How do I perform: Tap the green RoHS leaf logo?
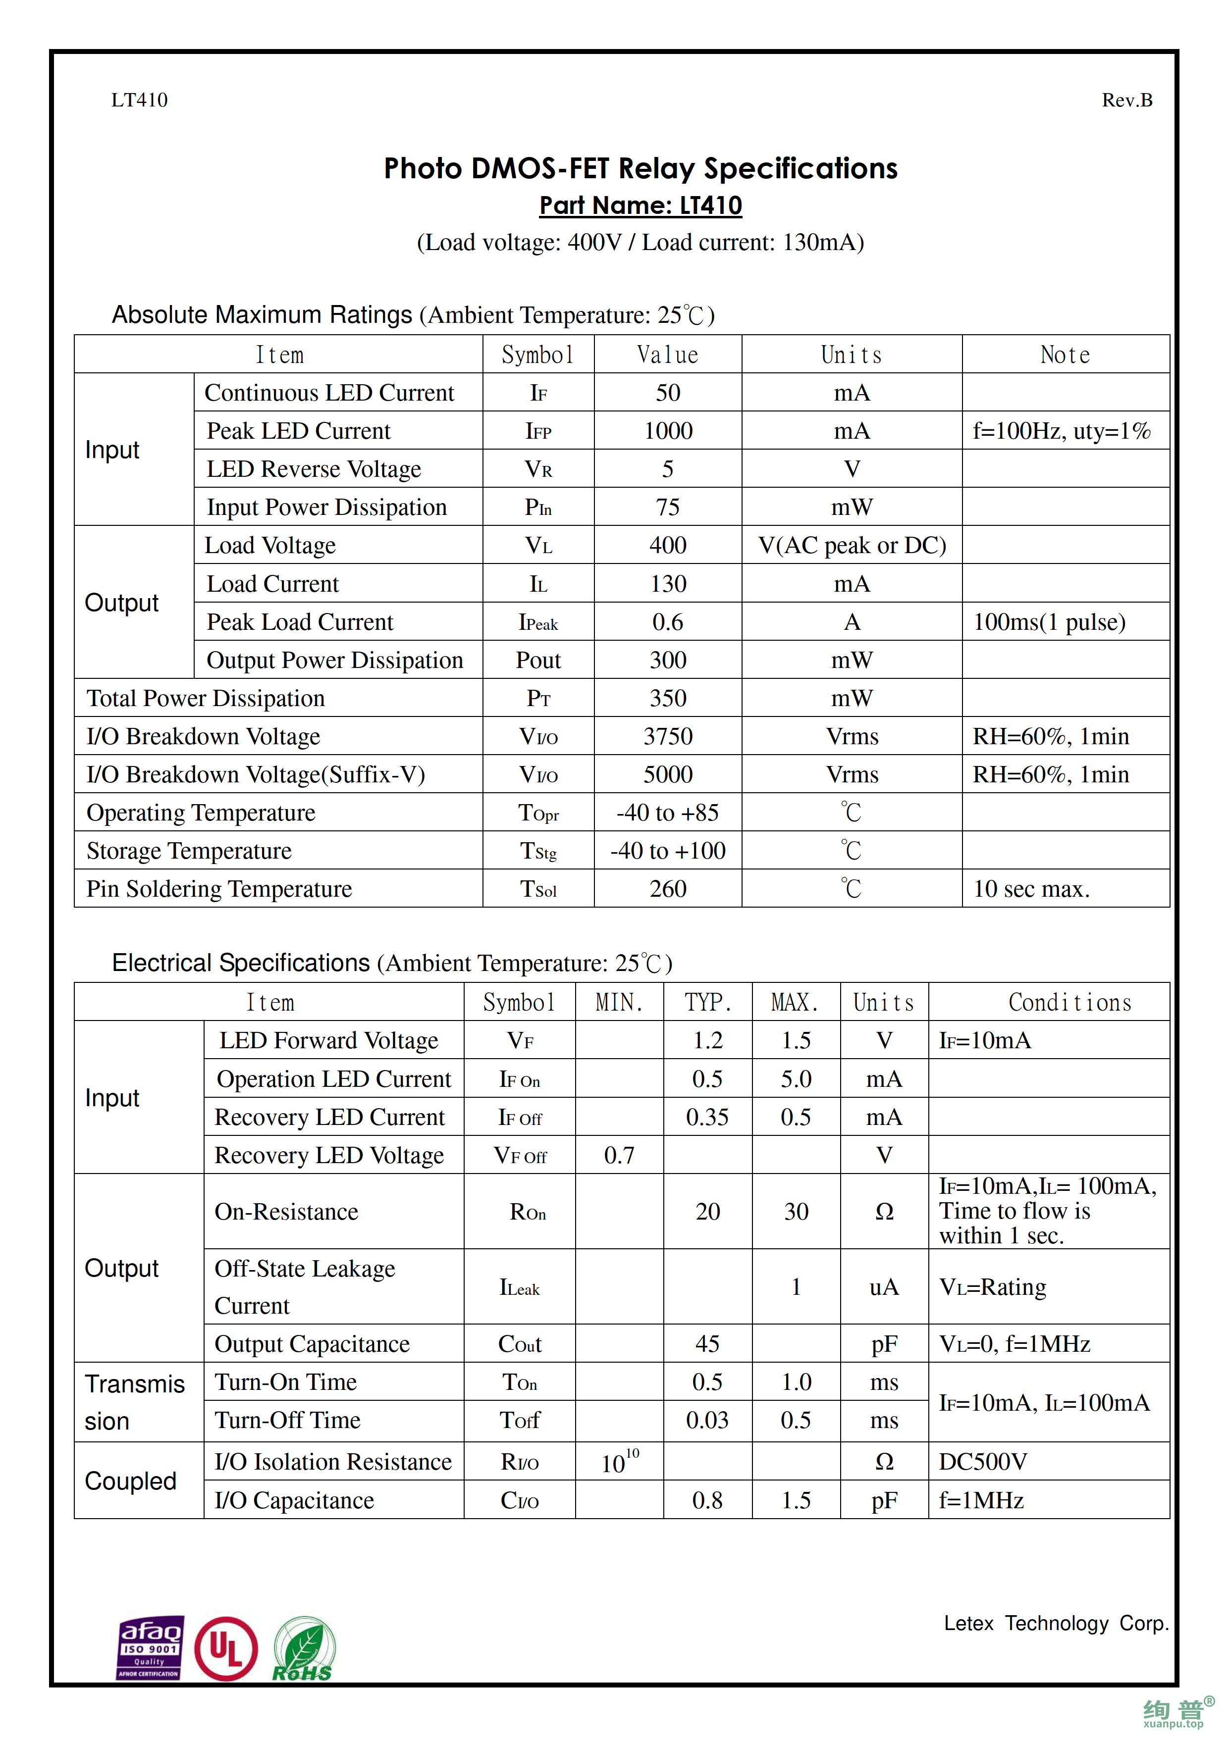(304, 1648)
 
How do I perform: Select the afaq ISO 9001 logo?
(150, 1648)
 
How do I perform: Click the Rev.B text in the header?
(1126, 100)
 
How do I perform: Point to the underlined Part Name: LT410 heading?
(640, 205)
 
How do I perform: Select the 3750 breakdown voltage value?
(668, 736)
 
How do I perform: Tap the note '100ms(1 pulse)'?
(1049, 622)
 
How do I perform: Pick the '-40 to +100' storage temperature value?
(668, 850)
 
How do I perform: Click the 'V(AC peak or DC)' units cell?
(852, 546)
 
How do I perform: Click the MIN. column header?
(619, 1002)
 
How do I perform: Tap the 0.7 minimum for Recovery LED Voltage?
(619, 1155)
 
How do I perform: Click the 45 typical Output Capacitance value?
(707, 1344)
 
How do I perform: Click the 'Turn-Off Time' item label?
(287, 1420)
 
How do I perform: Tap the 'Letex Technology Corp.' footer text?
(1056, 1623)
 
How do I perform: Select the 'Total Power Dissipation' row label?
(205, 698)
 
